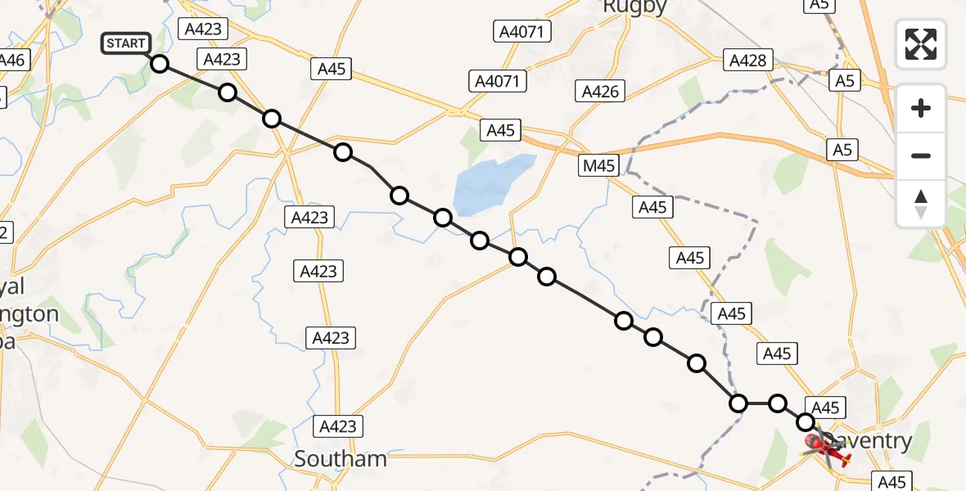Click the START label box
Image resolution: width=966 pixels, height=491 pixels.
tap(126, 43)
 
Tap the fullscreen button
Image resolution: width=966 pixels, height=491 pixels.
tap(921, 43)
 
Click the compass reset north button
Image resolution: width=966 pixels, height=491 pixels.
tap(921, 204)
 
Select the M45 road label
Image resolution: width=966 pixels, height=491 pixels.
tap(599, 166)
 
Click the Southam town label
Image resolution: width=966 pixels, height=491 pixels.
tap(340, 459)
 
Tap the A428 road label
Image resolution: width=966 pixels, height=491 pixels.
tap(747, 60)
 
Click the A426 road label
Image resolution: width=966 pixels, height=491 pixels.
tap(600, 91)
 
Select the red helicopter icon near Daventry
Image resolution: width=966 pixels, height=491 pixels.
tap(827, 446)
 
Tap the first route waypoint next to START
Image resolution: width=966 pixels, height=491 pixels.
tap(159, 64)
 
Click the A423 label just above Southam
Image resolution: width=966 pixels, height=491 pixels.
tap(338, 426)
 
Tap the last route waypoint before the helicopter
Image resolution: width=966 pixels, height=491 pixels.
tap(806, 422)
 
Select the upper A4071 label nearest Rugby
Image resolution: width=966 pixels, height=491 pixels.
tap(522, 32)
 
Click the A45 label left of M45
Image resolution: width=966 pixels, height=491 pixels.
tap(500, 129)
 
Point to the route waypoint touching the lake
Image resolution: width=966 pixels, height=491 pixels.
tap(443, 218)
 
